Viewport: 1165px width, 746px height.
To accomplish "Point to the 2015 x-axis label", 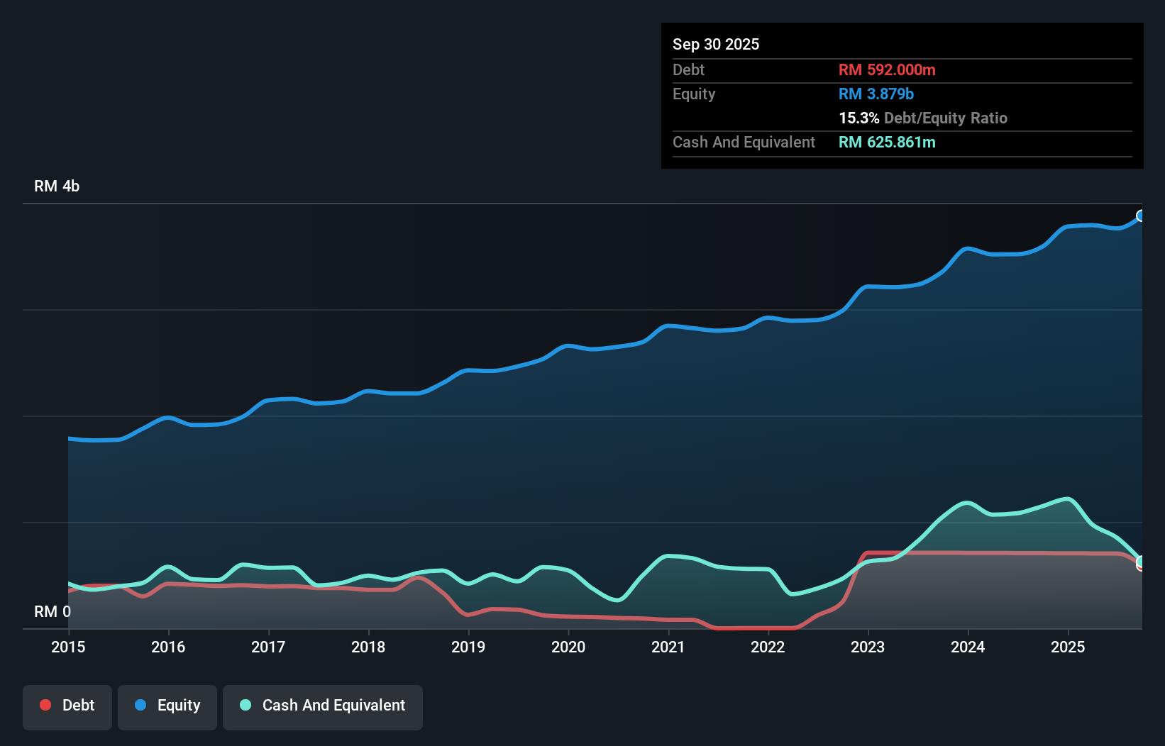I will [68, 647].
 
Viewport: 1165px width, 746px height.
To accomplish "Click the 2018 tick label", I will [368, 647].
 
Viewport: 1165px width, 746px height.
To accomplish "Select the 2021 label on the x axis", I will [668, 647].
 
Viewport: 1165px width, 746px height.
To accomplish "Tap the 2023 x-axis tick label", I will [868, 647].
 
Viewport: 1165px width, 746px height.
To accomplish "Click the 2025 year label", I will [1068, 647].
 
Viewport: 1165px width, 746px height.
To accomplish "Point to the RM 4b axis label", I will [57, 186].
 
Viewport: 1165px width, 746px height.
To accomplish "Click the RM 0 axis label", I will [53, 611].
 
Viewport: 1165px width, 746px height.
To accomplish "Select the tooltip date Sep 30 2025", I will [715, 44].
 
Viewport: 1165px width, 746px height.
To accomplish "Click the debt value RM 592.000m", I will [887, 69].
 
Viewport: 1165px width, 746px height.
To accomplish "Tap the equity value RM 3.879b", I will [876, 94].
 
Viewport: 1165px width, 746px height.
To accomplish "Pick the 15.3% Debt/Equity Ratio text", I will [922, 118].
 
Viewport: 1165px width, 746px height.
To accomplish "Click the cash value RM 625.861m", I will [887, 142].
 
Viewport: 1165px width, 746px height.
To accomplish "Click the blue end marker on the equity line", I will [1141, 216].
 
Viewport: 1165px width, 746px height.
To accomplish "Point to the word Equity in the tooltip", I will [693, 94].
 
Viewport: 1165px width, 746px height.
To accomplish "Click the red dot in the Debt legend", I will [45, 705].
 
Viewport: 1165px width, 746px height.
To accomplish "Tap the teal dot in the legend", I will [245, 705].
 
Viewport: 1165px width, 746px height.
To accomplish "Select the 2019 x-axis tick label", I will [468, 647].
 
